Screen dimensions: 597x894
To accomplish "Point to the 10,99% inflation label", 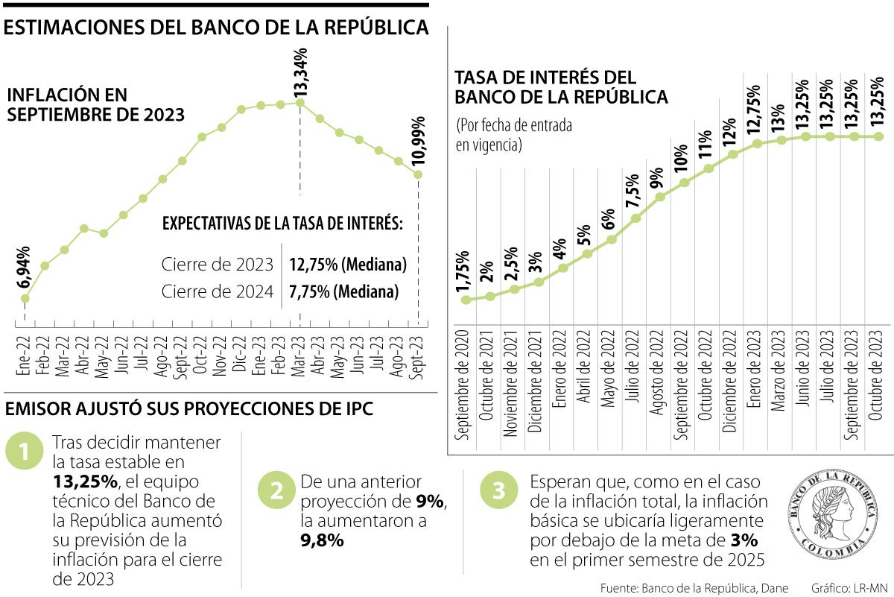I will click(x=418, y=141).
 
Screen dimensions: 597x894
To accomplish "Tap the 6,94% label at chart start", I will click(x=25, y=268).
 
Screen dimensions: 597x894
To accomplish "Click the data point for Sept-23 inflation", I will click(x=418, y=174).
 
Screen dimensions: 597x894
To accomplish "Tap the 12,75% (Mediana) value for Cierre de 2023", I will click(x=348, y=265).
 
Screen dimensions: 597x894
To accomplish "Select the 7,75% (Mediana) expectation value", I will click(x=343, y=291).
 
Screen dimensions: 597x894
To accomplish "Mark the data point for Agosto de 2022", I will click(x=659, y=197).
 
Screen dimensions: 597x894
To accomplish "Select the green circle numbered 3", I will click(x=498, y=490).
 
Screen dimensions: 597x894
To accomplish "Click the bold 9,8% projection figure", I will click(x=323, y=540).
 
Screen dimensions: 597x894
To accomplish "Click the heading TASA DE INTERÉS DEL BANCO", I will click(x=561, y=86).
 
